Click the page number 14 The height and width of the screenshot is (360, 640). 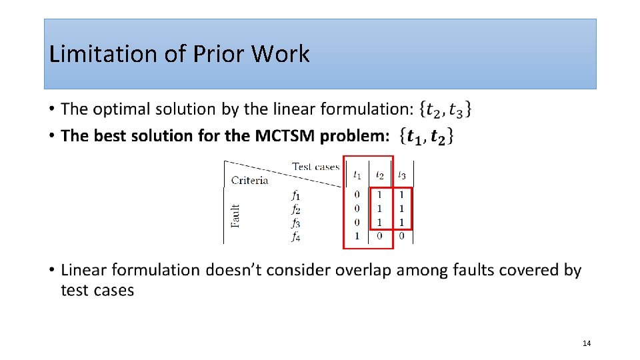point(586,343)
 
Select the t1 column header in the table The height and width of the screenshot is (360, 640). point(357,175)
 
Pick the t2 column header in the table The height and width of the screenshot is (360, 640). point(379,175)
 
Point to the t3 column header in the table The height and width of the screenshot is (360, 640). point(401,175)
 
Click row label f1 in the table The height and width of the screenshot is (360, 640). point(295,195)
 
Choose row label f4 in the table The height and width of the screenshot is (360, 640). point(295,236)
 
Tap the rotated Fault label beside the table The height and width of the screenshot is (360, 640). point(235,215)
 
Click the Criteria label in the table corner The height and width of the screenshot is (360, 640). point(249,180)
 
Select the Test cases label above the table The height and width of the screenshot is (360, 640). point(315,167)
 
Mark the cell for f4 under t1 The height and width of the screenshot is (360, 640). point(357,236)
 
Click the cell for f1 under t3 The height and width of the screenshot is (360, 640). point(401,195)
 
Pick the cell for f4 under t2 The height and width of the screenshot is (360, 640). point(379,236)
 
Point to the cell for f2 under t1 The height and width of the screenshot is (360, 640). point(357,209)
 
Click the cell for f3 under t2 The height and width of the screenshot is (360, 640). point(379,222)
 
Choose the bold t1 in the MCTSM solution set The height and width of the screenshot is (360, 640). point(415,137)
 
